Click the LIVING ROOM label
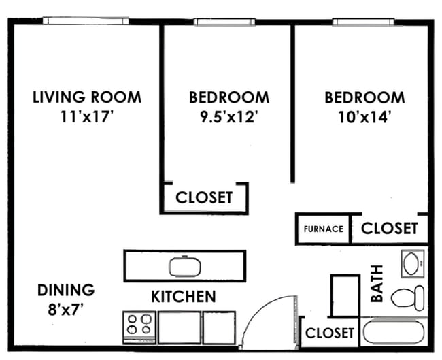tap(87, 97)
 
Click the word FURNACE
tap(323, 229)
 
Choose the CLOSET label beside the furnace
tap(389, 228)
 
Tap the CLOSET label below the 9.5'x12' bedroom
tap(204, 197)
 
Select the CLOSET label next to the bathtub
tap(330, 333)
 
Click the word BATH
tap(377, 284)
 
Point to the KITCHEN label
tap(183, 297)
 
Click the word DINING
tap(65, 290)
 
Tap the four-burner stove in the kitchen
tap(139, 327)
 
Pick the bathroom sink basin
tap(412, 263)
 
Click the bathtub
tap(394, 334)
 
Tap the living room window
tap(85, 21)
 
